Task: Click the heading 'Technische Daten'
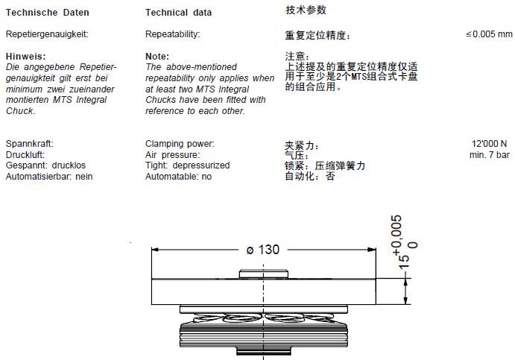pos(47,13)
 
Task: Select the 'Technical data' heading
pos(178,13)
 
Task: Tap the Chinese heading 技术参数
pos(306,10)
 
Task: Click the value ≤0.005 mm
pos(489,34)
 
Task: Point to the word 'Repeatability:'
pos(173,34)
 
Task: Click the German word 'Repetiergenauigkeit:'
pos(48,34)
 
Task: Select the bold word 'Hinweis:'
pos(25,57)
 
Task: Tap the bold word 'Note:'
pos(157,57)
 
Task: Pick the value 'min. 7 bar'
pos(490,155)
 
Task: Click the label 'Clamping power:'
pos(180,143)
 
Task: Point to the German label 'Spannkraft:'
pos(30,143)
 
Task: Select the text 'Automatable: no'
pos(179,177)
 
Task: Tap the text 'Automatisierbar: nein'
pos(49,177)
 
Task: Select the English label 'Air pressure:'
pos(172,154)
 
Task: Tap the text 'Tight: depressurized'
pos(188,165)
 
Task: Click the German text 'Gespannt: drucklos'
pos(43,165)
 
